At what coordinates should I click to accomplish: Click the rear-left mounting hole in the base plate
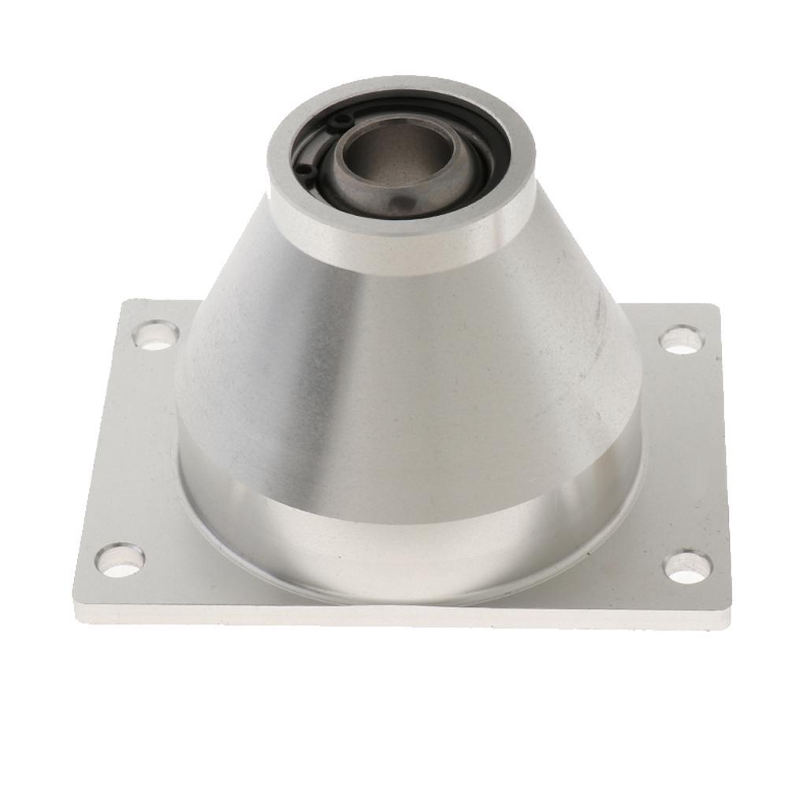(156, 335)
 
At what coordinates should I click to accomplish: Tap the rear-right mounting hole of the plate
(680, 340)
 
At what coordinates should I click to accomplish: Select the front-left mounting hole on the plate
(120, 560)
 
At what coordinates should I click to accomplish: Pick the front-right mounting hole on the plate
(687, 567)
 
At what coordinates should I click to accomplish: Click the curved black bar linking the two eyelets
(319, 142)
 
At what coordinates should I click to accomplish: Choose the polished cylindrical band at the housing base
(410, 536)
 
